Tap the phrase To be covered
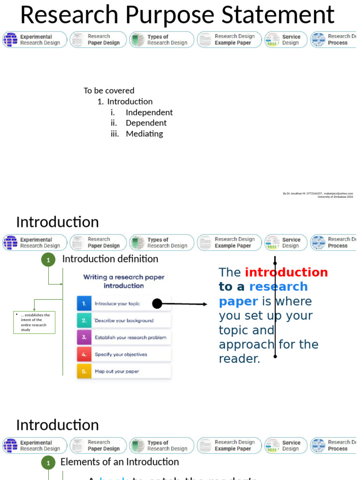109,90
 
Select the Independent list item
149,112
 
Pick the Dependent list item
146,123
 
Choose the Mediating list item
144,134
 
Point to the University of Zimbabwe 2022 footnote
335,197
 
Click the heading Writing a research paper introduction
124,281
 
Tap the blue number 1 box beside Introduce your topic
84,303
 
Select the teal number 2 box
84,321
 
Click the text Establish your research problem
130,337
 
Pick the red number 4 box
84,354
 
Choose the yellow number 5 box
84,371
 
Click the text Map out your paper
117,371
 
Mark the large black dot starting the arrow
157,304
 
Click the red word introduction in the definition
286,272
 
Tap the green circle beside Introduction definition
48,259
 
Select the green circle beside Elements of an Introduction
48,463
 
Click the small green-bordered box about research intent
34,322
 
